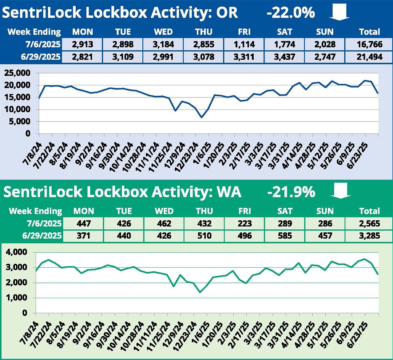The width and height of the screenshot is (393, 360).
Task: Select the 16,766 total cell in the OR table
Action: pos(369,45)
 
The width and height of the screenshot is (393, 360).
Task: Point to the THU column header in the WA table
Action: pos(203,211)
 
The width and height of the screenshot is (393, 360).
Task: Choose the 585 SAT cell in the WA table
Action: pos(285,236)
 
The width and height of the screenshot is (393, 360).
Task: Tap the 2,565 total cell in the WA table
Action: pos(369,223)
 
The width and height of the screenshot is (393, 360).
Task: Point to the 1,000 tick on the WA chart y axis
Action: pos(18,298)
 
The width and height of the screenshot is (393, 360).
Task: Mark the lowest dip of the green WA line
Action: pos(200,292)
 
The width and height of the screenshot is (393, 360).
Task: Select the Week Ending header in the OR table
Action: pos(34,32)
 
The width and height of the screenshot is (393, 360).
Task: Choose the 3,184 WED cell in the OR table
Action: pos(163,45)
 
